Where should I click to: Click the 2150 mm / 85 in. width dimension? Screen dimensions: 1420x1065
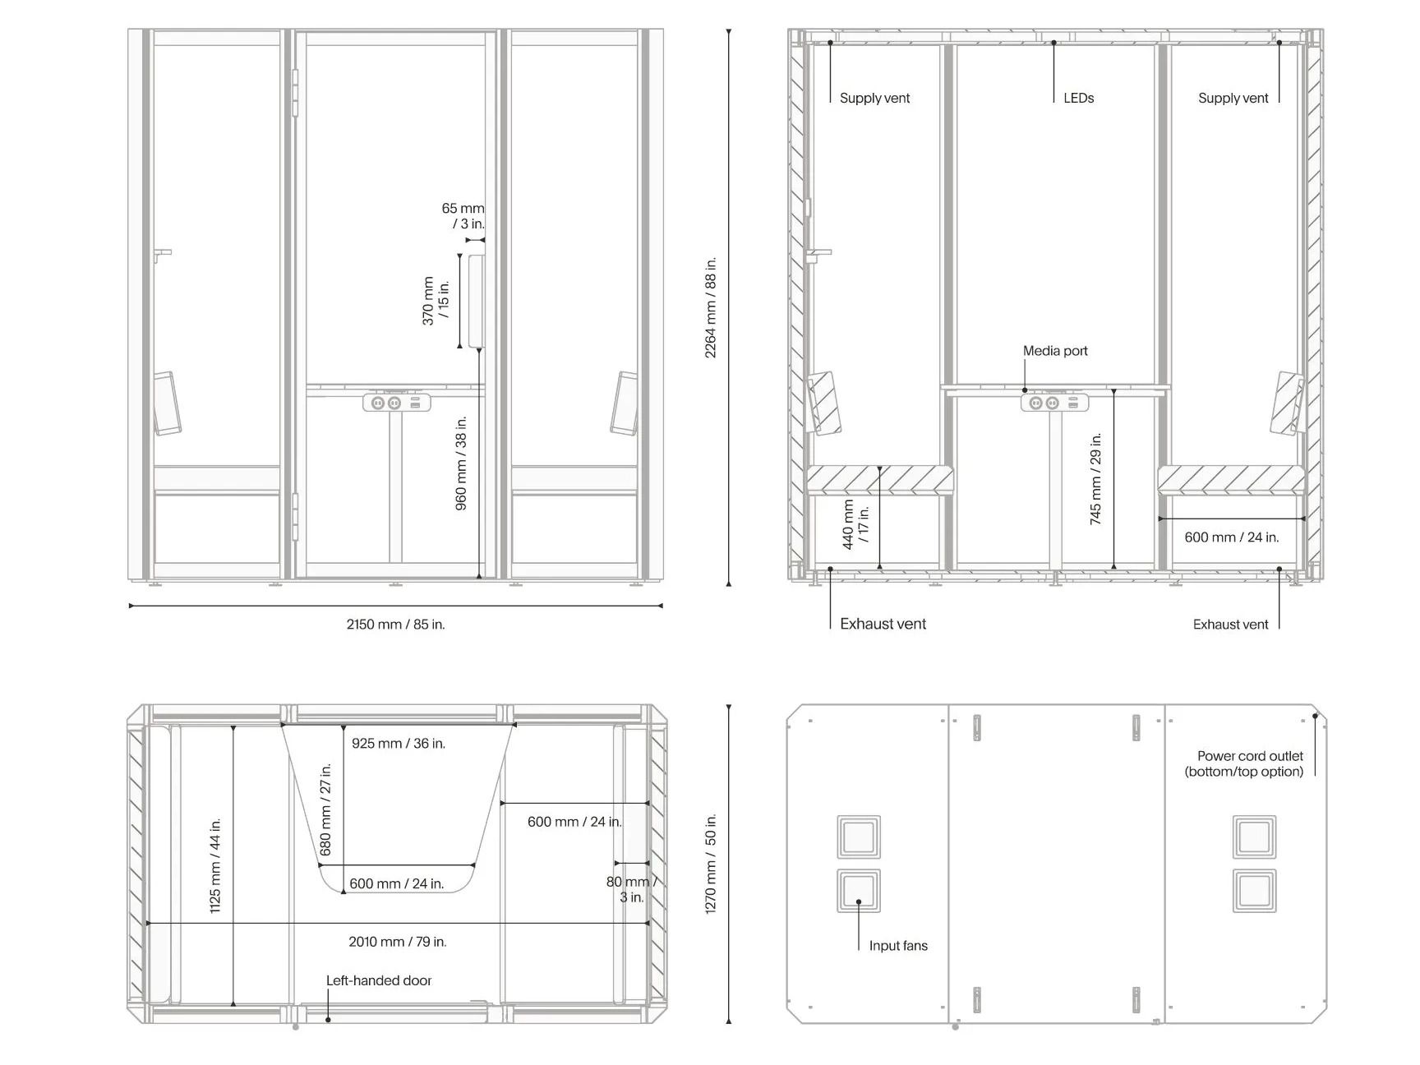pyautogui.click(x=395, y=625)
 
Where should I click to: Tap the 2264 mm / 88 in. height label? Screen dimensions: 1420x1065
pyautogui.click(x=711, y=307)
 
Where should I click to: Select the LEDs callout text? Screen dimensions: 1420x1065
pyautogui.click(x=1078, y=98)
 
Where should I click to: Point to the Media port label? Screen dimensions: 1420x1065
pyautogui.click(x=1055, y=351)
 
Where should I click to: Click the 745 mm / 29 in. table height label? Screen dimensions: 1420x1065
pyautogui.click(x=1095, y=479)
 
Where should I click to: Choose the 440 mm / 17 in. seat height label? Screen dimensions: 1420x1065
pyautogui.click(x=855, y=525)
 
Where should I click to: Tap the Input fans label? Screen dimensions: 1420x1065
pyautogui.click(x=898, y=946)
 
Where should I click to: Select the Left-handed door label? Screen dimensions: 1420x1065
pyautogui.click(x=379, y=980)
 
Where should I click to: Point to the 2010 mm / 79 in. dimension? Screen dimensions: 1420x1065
pyautogui.click(x=398, y=942)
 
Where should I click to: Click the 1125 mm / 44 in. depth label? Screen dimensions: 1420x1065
pyautogui.click(x=215, y=865)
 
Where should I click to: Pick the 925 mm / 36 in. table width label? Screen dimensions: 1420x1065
pyautogui.click(x=399, y=744)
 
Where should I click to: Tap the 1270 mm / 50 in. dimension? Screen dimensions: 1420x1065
pyautogui.click(x=711, y=864)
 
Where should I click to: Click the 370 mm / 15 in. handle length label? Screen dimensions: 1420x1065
pyautogui.click(x=436, y=301)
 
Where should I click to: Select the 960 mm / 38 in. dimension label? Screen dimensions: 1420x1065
pyautogui.click(x=461, y=463)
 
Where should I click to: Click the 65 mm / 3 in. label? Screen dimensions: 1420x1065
pyautogui.click(x=463, y=216)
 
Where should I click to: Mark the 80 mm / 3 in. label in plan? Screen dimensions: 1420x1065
pyautogui.click(x=631, y=889)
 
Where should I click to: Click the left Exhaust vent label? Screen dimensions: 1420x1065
pyautogui.click(x=883, y=624)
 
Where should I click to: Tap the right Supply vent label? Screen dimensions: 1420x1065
pyautogui.click(x=1233, y=98)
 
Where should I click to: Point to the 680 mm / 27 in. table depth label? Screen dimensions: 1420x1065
pyautogui.click(x=326, y=809)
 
